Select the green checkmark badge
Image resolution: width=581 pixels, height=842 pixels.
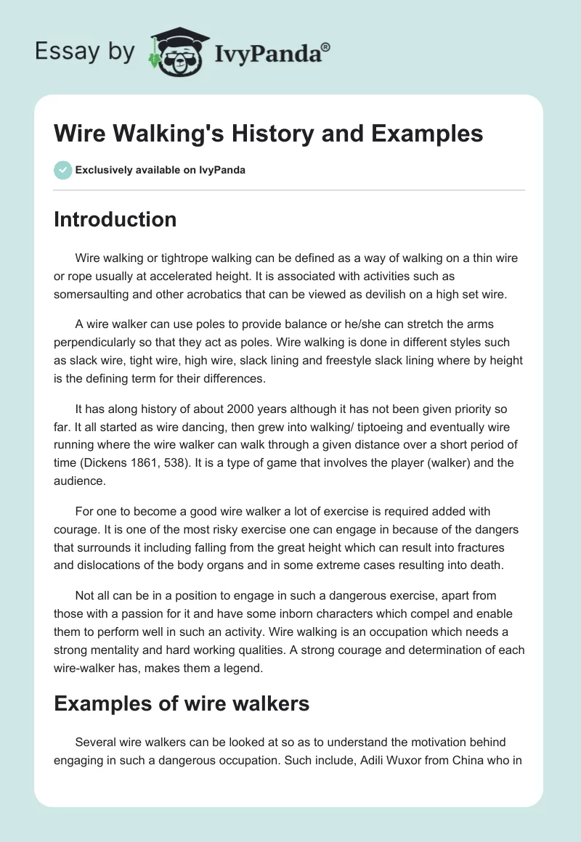(62, 170)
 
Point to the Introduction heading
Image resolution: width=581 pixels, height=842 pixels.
(115, 219)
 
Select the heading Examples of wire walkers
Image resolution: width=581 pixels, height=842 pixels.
(182, 703)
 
